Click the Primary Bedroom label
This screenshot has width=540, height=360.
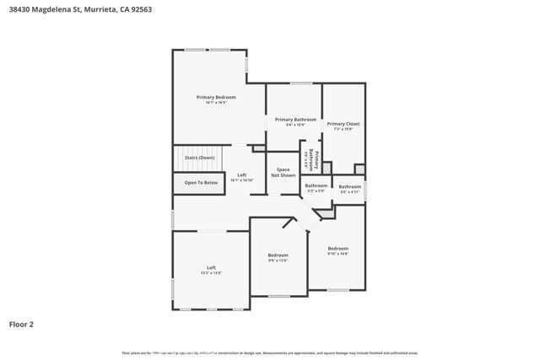tap(216, 98)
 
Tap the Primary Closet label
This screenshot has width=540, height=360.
tap(343, 124)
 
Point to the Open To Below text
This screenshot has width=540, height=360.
tap(201, 182)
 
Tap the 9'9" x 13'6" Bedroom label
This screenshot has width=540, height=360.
tap(278, 256)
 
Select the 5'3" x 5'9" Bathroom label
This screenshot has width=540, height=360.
tap(316, 187)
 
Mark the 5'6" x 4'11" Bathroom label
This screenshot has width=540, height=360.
tap(350, 188)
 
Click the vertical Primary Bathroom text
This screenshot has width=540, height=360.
tap(310, 159)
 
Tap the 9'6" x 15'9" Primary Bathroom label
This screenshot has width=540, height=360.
tap(295, 121)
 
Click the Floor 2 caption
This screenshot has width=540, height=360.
tap(21, 324)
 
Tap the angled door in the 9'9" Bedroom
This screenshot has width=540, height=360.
tap(289, 223)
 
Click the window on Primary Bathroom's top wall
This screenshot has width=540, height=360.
tap(301, 83)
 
